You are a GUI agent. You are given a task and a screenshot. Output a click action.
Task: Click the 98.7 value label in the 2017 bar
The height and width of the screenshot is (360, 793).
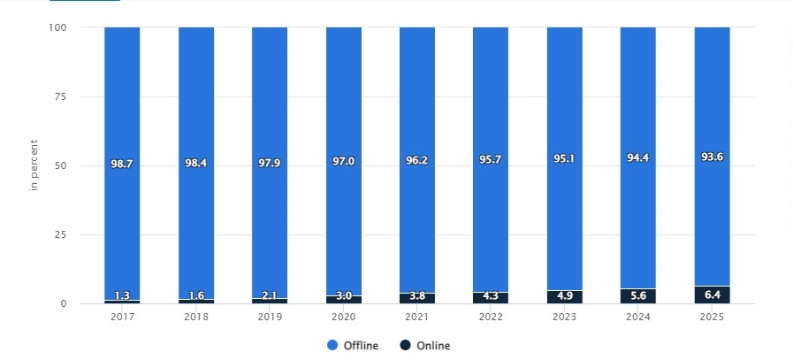[122, 165]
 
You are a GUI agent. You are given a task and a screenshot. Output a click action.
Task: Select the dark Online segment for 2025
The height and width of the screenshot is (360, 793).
[712, 295]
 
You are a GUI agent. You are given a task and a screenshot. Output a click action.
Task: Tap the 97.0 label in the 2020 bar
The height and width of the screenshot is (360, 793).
[343, 165]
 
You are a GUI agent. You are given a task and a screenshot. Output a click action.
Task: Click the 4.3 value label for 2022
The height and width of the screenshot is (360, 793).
[491, 297]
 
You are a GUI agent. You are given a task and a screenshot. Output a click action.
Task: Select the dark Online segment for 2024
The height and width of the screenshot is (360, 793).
[638, 295]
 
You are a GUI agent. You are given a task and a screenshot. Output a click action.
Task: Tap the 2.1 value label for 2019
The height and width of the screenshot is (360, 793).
[270, 297]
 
